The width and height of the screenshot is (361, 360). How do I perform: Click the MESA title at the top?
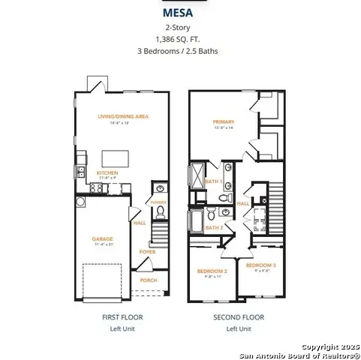tap(180, 13)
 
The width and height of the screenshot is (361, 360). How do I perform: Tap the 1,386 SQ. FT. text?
tap(180, 39)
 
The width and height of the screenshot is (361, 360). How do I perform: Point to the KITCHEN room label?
tap(107, 172)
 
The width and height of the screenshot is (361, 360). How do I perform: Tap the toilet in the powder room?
tap(158, 190)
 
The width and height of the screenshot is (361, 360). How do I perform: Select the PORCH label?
tap(148, 280)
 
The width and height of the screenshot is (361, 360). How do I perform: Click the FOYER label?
tap(148, 252)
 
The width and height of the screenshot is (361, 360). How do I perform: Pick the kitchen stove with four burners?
tap(97, 187)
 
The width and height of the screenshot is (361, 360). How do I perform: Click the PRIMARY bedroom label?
tap(223, 121)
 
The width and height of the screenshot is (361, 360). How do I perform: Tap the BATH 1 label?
tap(213, 181)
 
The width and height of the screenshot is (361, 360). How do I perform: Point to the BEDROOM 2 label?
tap(212, 271)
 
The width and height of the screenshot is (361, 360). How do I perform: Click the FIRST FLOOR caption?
tap(122, 317)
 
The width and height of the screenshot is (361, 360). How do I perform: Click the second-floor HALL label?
tap(243, 203)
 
